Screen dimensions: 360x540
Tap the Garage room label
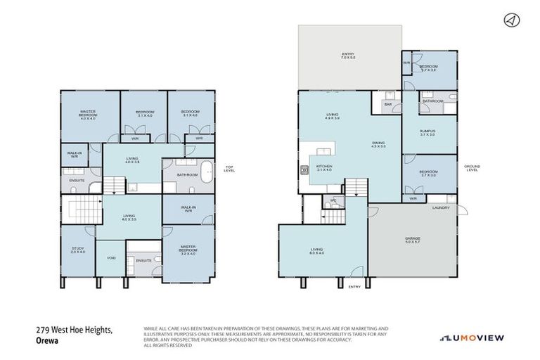coord(413,240)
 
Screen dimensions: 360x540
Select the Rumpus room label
coord(427,133)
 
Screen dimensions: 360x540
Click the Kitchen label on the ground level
coord(324,168)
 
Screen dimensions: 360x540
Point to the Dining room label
coord(379,145)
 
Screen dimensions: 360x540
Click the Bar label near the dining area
coord(388,105)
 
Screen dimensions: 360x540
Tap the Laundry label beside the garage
coord(441,208)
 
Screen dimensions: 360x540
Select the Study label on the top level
coord(77,250)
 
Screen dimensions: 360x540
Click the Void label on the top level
coord(111,258)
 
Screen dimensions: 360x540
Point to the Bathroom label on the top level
coord(186,175)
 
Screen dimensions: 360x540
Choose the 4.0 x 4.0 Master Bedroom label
coord(87,116)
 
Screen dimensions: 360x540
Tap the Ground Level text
coord(472,168)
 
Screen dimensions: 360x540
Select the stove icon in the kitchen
coord(304,169)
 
